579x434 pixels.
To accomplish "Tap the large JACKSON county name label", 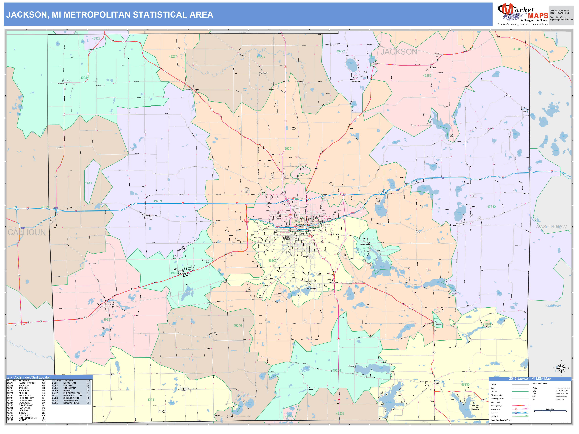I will [399, 52].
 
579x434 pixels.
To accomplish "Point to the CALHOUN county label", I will [26, 232].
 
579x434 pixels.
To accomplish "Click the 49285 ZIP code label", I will [517, 49].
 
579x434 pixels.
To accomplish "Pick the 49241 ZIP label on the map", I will [151, 400].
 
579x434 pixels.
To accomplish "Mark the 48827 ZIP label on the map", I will [96, 39].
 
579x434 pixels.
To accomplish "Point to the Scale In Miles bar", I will [550, 411].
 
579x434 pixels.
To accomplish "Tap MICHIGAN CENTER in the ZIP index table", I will [29, 418].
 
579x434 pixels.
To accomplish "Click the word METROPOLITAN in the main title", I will [97, 15].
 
